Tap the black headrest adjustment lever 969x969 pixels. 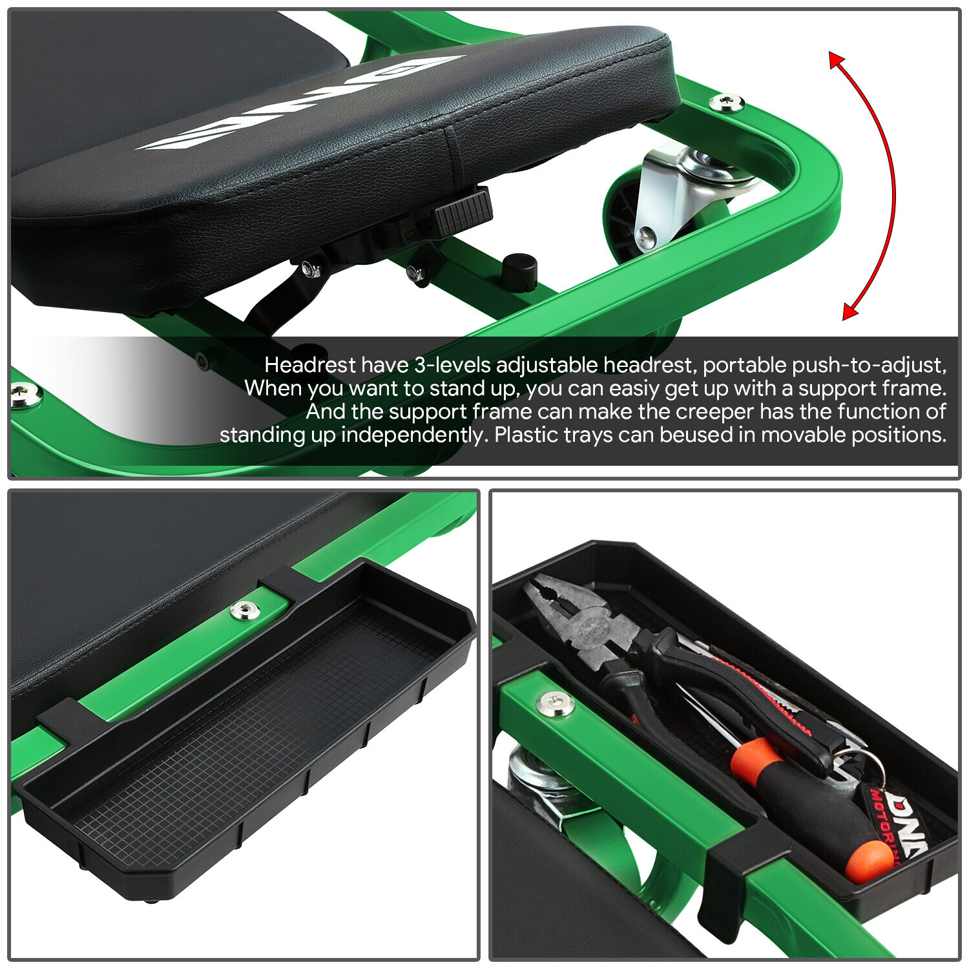[x=461, y=210]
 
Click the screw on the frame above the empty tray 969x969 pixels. [x=245, y=609]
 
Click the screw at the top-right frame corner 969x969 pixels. [x=727, y=101]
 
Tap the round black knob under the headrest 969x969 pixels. [x=519, y=271]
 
